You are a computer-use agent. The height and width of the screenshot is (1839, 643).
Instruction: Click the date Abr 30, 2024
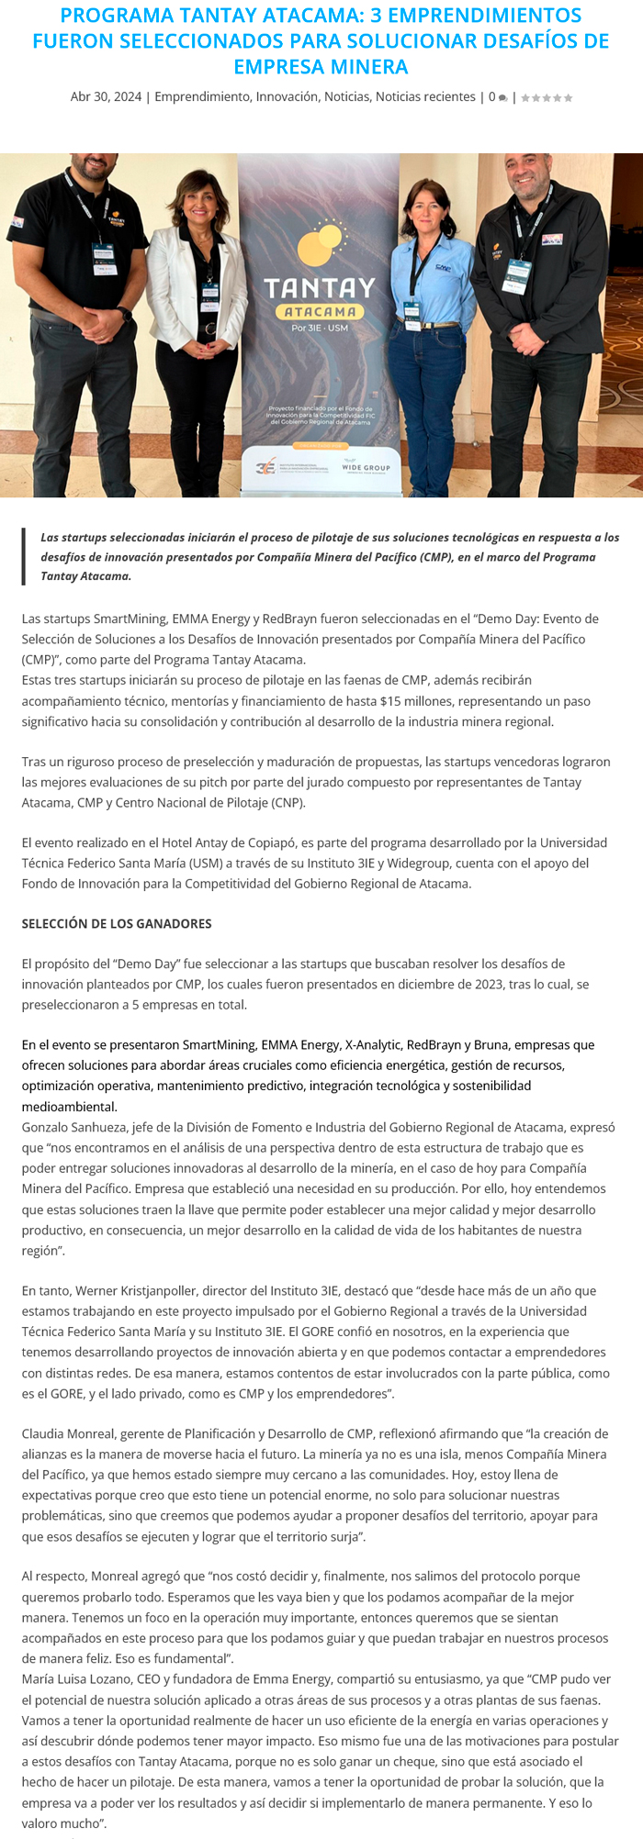point(106,97)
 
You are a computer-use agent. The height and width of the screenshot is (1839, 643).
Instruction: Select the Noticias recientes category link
point(425,97)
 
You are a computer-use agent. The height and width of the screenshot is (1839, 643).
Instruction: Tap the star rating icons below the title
point(547,98)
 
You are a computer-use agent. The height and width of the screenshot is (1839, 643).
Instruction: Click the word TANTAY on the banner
point(320,288)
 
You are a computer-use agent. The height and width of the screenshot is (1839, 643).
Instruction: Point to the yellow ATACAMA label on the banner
point(320,312)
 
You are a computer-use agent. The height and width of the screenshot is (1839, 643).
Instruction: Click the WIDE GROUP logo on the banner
point(366,467)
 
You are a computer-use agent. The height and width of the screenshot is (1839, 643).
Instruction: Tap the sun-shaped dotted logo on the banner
point(321,240)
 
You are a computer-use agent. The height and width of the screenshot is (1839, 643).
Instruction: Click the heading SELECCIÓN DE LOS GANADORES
point(117,924)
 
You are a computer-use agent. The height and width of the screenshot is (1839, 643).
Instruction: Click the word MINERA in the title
point(364,67)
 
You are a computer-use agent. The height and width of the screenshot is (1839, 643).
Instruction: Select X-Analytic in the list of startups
point(373,1045)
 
